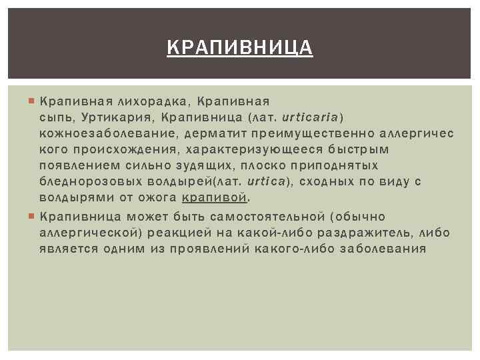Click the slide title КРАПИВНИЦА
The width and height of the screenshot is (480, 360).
click(239, 48)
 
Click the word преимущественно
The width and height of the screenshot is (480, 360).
click(303, 133)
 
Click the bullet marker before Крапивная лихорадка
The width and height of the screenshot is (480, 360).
click(31, 101)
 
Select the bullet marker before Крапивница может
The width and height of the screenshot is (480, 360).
click(31, 217)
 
